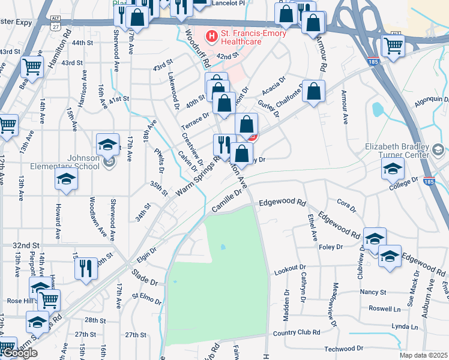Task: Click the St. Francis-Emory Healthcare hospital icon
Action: point(211,37)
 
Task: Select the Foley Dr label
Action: point(331,247)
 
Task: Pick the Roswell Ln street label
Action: point(384,308)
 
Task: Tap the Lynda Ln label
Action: point(404,326)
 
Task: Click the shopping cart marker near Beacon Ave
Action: point(32,67)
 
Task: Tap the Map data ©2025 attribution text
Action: point(423,355)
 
